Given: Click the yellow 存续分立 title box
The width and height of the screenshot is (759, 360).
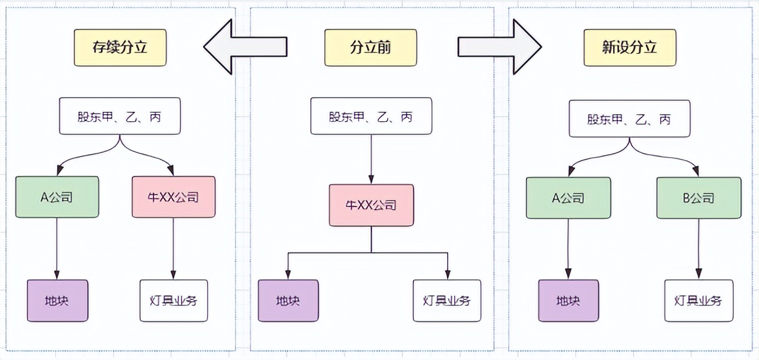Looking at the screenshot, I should pyautogui.click(x=120, y=48).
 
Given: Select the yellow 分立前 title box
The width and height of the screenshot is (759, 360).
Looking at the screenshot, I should pyautogui.click(x=371, y=48).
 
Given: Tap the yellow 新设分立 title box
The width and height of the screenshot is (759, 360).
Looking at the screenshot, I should pyautogui.click(x=630, y=48).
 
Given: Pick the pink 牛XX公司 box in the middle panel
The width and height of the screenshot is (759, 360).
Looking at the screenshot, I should pyautogui.click(x=371, y=205).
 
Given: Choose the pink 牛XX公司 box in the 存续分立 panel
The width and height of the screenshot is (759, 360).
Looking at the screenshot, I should pyautogui.click(x=174, y=197).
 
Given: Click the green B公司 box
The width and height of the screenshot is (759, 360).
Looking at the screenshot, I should pyautogui.click(x=699, y=198).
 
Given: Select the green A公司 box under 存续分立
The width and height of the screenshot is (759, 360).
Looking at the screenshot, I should pyautogui.click(x=57, y=197).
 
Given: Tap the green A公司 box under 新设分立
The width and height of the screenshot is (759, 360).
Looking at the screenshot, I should pyautogui.click(x=567, y=198).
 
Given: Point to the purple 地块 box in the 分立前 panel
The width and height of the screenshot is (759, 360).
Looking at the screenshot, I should pyautogui.click(x=288, y=301).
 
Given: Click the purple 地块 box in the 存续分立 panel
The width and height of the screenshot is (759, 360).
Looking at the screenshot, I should pyautogui.click(x=58, y=301).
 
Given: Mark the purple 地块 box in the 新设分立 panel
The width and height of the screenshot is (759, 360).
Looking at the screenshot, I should pyautogui.click(x=568, y=301).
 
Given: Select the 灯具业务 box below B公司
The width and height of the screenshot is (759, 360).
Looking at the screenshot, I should pyautogui.click(x=698, y=301).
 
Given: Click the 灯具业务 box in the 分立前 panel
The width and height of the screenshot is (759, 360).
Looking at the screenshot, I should pyautogui.click(x=447, y=301).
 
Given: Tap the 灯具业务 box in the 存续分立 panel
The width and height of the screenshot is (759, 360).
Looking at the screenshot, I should pyautogui.click(x=174, y=301).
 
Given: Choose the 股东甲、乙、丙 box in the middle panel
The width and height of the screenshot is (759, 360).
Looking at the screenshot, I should pyautogui.click(x=371, y=116).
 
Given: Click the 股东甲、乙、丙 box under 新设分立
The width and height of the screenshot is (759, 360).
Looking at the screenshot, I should pyautogui.click(x=629, y=119).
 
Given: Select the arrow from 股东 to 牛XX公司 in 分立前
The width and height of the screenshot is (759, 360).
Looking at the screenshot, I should pyautogui.click(x=371, y=159).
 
